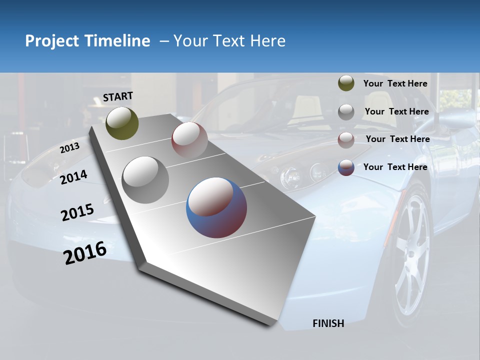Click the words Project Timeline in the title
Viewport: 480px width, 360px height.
pyautogui.click(x=87, y=41)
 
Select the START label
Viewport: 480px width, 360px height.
pyautogui.click(x=118, y=96)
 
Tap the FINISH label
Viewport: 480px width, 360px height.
pyautogui.click(x=328, y=323)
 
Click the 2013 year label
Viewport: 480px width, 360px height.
pyautogui.click(x=70, y=148)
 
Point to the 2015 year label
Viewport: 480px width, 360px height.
pyautogui.click(x=77, y=212)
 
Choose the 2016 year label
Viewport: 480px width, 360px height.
pyautogui.click(x=85, y=253)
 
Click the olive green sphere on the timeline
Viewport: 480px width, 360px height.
pyautogui.click(x=122, y=123)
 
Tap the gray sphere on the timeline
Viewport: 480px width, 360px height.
pyautogui.click(x=145, y=179)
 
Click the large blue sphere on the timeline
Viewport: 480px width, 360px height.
pyautogui.click(x=216, y=207)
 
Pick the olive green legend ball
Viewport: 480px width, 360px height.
pyautogui.click(x=346, y=83)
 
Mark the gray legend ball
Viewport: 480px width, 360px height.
pyautogui.click(x=346, y=112)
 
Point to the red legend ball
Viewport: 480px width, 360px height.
pyautogui.click(x=346, y=140)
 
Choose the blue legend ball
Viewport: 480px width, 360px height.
pyautogui.click(x=346, y=167)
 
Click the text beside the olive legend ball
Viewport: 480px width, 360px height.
pyautogui.click(x=395, y=83)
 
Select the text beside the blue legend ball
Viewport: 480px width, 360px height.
pyautogui.click(x=395, y=167)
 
